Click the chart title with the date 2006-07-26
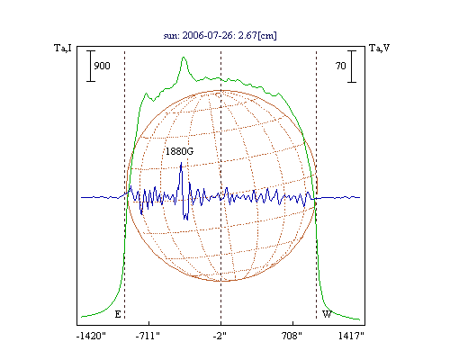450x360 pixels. point(220,35)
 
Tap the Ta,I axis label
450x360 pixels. point(63,48)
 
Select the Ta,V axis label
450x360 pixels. point(380,48)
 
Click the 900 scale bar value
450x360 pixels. point(102,66)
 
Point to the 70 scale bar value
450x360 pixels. point(340,66)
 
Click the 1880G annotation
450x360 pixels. point(179,151)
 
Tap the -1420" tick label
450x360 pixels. point(91,336)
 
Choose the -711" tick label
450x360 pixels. point(148,336)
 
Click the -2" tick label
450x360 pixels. point(220,336)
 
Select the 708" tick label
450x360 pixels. point(292,336)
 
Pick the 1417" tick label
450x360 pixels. point(351,336)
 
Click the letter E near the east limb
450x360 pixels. point(118,314)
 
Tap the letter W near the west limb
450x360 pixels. point(327,314)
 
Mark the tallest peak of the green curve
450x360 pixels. point(184,58)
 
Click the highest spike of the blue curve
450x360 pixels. point(181,163)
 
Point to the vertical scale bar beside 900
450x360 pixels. point(91,66)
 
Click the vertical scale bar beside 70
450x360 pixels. point(352,67)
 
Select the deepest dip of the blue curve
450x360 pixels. point(187,220)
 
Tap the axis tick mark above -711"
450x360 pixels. point(149,323)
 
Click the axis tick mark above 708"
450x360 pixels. point(292,323)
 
